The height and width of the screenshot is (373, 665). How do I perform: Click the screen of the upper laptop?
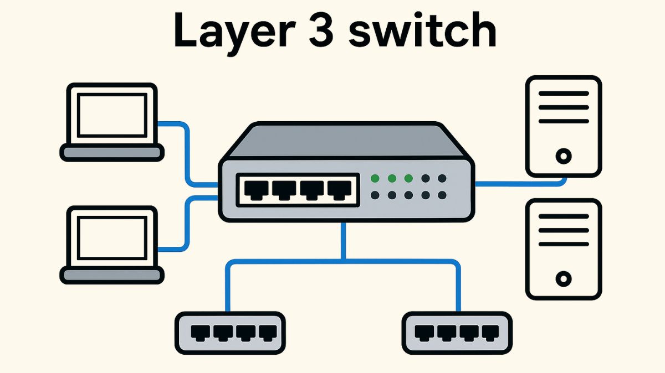112,115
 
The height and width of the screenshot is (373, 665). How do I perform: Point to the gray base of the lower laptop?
112,274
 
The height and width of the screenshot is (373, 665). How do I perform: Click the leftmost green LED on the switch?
375,178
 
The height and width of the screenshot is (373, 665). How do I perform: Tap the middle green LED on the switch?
392,178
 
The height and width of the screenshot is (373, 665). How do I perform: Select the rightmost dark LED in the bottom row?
442,195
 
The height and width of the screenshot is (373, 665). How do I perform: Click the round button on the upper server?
563,156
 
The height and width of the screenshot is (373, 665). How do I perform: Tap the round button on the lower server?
563,279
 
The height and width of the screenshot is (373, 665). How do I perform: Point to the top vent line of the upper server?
563,94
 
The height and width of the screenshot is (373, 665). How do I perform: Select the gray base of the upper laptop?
112,152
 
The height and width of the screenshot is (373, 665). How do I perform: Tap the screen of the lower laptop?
112,237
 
